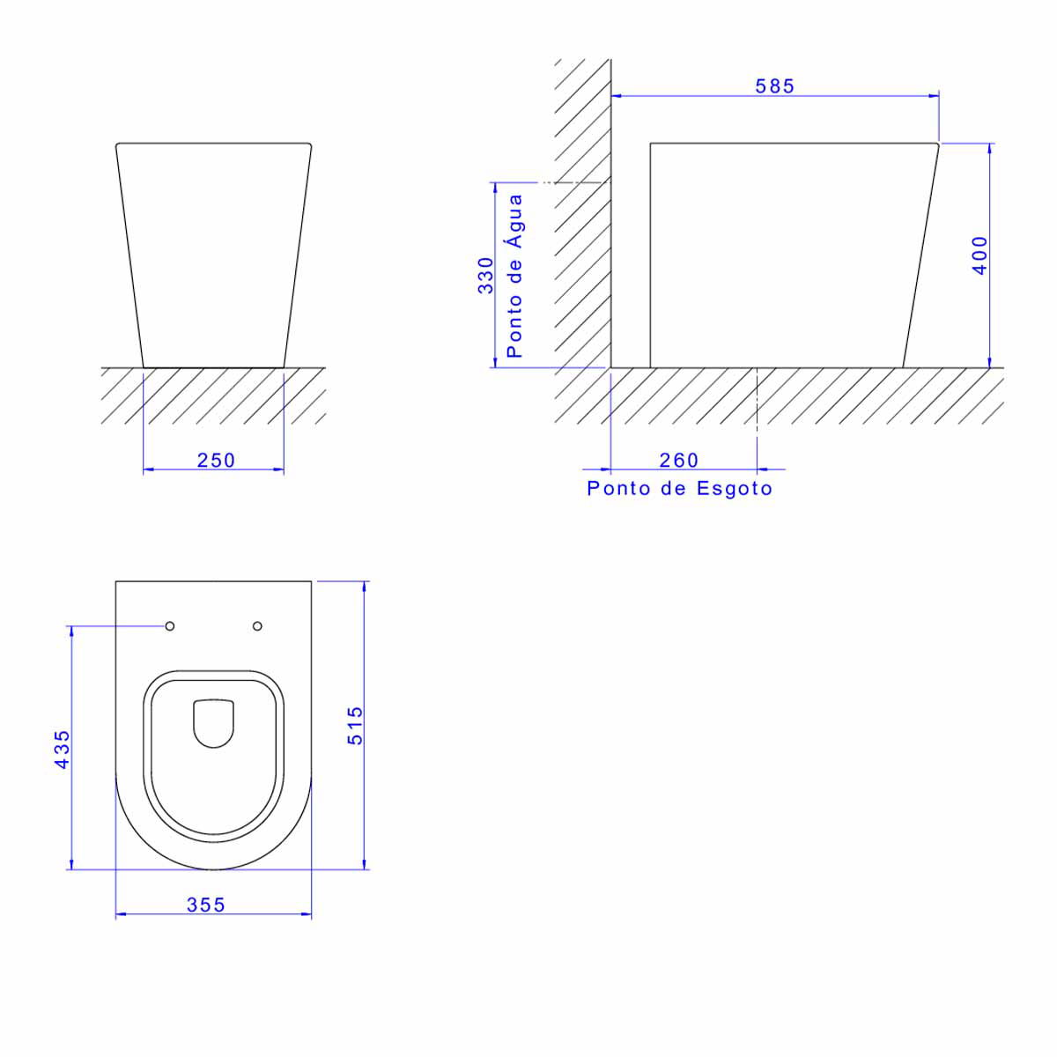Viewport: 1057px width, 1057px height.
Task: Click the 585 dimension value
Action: point(774,86)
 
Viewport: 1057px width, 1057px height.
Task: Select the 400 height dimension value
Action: point(979,255)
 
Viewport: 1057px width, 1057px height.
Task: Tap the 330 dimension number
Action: point(486,276)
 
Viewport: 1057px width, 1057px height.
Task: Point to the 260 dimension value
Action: point(678,460)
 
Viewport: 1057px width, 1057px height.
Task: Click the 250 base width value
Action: point(216,460)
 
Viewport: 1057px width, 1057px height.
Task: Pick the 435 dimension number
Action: point(63,750)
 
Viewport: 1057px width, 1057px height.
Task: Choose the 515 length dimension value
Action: point(356,726)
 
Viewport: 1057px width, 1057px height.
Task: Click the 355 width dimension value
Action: point(206,905)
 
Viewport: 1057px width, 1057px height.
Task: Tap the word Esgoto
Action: point(734,488)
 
